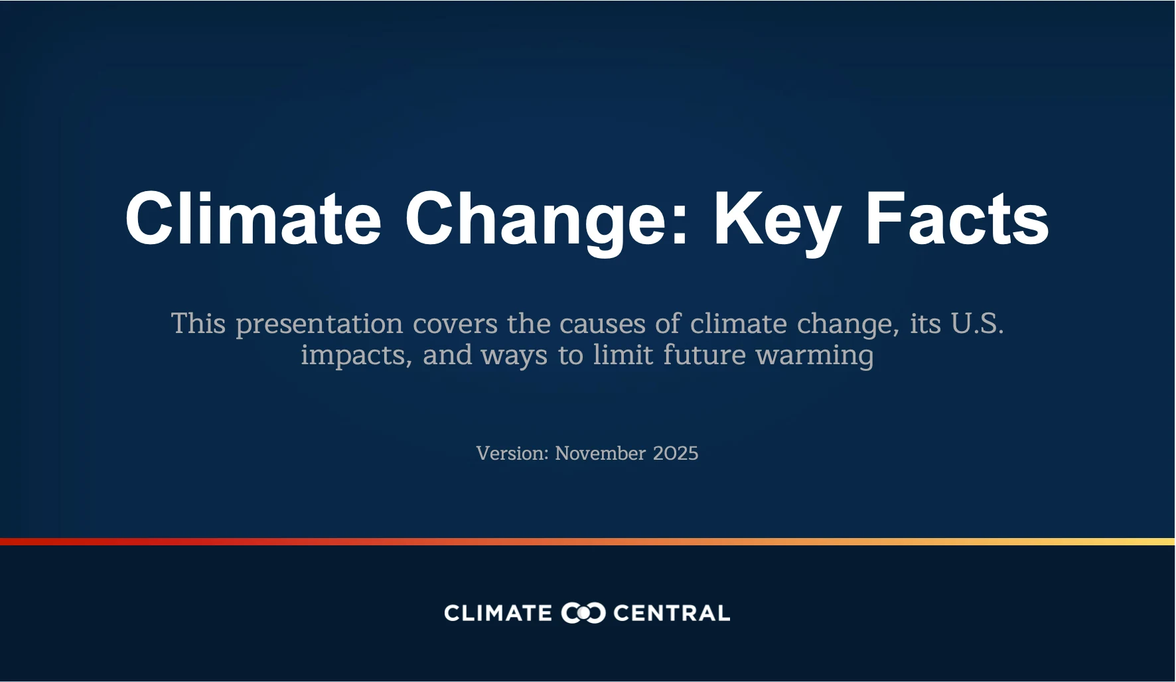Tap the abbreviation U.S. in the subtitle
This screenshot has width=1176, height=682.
coord(977,323)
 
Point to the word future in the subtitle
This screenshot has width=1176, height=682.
coord(704,354)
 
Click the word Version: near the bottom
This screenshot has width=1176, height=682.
coord(512,453)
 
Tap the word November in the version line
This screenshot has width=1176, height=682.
coord(600,453)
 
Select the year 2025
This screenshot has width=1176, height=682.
coord(676,453)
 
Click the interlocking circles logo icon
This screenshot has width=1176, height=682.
coord(583,613)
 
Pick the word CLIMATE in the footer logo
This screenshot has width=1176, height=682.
coord(498,613)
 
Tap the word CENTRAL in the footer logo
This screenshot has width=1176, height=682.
coord(671,613)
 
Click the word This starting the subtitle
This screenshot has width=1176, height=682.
coord(198,324)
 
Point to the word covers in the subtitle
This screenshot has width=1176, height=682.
coord(455,324)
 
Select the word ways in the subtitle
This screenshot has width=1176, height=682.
coord(514,356)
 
